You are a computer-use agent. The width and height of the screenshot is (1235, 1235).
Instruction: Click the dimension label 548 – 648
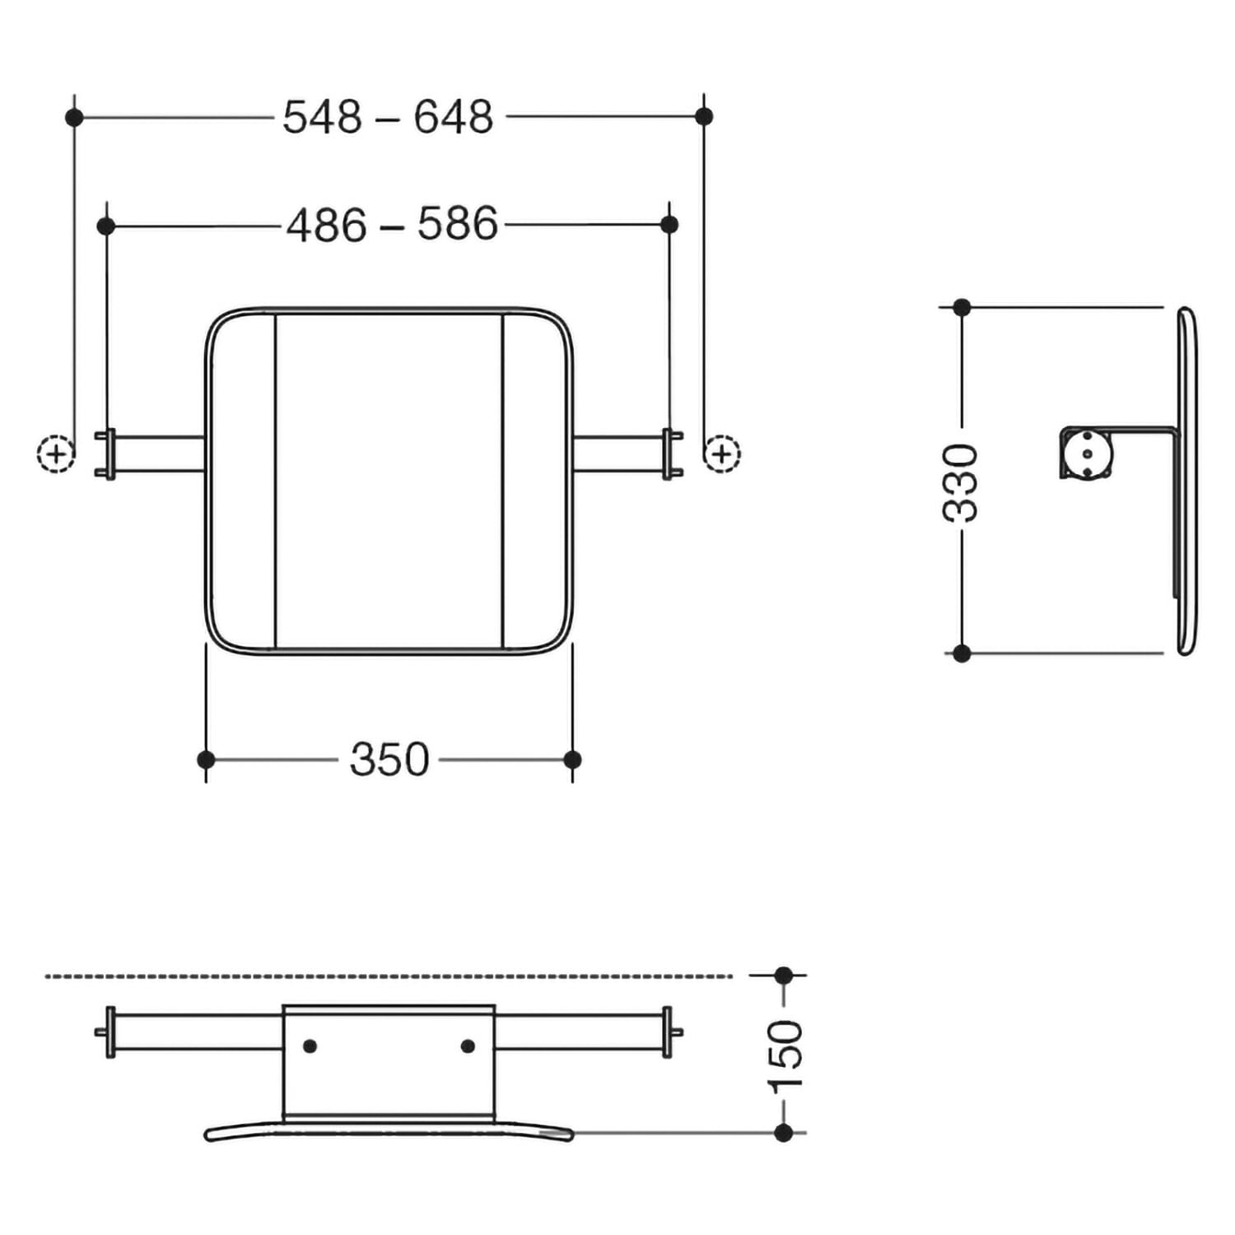388,117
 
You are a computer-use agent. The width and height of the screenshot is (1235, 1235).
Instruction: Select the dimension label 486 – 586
392,224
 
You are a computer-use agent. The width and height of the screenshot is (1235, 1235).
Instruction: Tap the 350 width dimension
389,759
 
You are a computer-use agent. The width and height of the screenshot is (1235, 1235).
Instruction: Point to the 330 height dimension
961,482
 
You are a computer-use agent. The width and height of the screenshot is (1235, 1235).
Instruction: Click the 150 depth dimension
785,1056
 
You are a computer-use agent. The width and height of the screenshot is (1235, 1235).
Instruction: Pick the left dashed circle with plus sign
56,454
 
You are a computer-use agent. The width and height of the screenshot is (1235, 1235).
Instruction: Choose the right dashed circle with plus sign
722,454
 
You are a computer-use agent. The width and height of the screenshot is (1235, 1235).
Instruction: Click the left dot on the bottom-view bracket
310,1046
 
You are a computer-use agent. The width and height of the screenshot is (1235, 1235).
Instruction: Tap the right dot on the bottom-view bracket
468,1046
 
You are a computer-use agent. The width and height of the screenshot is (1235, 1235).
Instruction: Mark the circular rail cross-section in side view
1088,454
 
